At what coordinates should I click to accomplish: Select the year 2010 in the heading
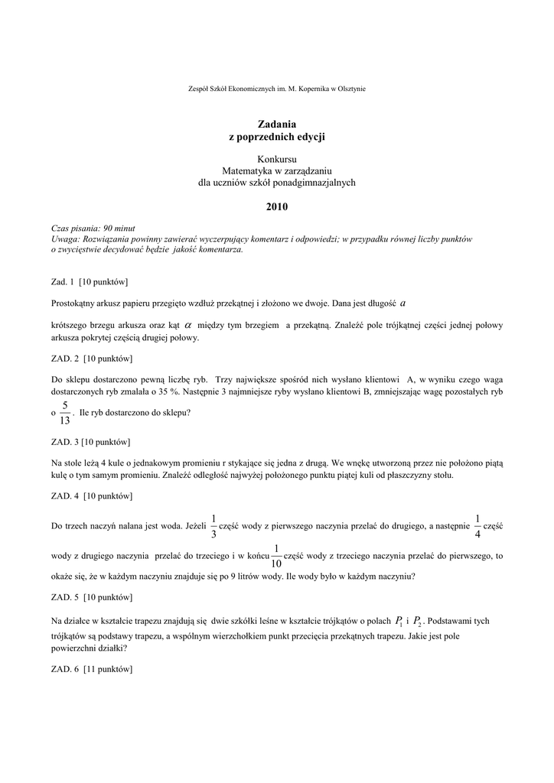click(x=277, y=206)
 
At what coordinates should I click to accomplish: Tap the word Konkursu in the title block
click(x=277, y=159)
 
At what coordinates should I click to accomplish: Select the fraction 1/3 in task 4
click(x=213, y=525)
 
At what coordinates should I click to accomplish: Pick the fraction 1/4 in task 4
click(x=478, y=525)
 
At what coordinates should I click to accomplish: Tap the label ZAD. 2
click(x=64, y=358)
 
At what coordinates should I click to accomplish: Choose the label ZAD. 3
click(x=64, y=442)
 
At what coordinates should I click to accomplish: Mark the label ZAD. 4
click(x=64, y=497)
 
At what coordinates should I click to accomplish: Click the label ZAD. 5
click(x=64, y=596)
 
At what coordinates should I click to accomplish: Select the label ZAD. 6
click(x=64, y=670)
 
